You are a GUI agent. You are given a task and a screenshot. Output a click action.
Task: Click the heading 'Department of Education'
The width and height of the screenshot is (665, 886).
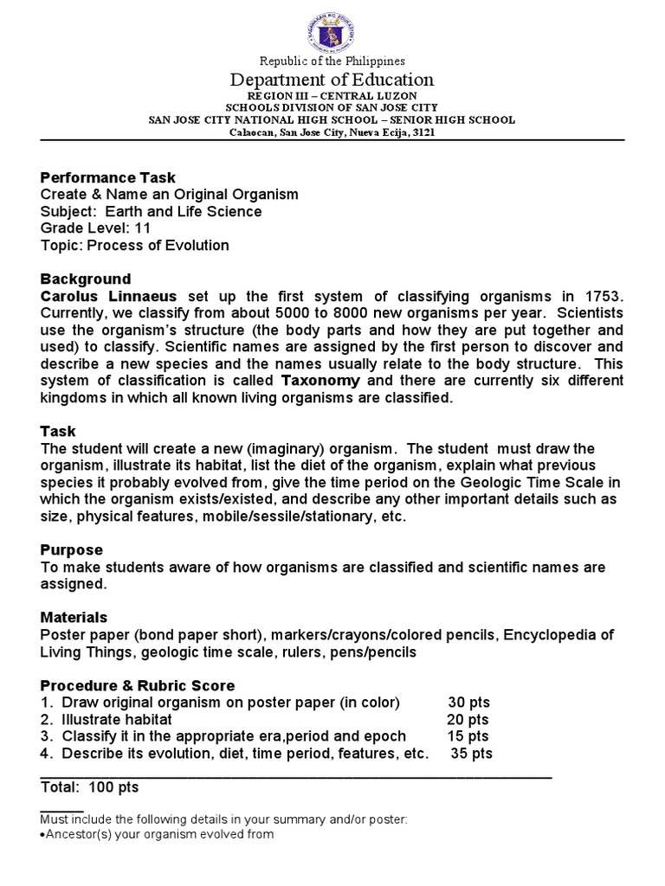click(332, 80)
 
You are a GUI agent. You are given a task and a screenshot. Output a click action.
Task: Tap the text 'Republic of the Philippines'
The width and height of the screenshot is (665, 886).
click(332, 61)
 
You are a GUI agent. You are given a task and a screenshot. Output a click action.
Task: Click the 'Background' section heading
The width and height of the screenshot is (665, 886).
click(86, 279)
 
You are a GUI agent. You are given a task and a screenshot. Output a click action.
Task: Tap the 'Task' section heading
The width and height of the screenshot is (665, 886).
click(58, 431)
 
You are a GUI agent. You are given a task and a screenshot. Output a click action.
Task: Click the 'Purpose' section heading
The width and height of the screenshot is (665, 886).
click(71, 549)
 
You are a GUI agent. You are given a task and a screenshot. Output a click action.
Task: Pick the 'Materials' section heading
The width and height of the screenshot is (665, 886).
click(74, 617)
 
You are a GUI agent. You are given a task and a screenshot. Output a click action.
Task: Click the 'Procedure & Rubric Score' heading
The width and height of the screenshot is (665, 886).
click(138, 685)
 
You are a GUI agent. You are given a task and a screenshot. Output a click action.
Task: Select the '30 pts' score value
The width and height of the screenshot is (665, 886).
click(468, 702)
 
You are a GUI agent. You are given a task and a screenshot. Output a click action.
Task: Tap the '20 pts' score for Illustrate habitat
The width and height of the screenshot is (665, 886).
click(468, 719)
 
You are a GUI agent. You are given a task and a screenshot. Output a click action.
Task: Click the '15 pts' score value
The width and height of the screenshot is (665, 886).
click(468, 735)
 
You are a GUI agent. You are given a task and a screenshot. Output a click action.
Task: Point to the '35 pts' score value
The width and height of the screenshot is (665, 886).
click(472, 753)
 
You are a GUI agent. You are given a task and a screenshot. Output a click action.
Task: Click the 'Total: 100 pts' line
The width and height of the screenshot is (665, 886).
click(89, 787)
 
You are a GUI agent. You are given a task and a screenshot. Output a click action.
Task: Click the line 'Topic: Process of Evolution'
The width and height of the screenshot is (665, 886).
click(134, 245)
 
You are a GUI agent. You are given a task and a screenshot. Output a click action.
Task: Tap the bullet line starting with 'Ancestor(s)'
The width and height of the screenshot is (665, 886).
click(157, 835)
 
